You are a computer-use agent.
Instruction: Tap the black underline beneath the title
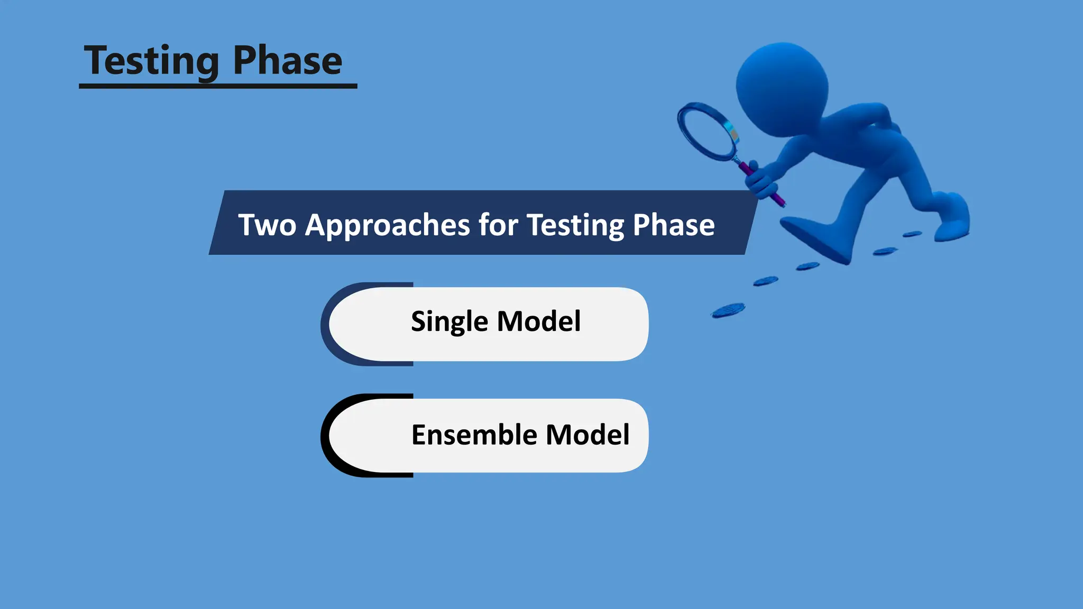point(218,86)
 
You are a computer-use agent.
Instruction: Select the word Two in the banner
point(267,225)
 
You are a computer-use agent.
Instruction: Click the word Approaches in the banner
point(388,225)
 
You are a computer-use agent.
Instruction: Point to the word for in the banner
point(498,225)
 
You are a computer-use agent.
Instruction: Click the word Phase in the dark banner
point(673,225)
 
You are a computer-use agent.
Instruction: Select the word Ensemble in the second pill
point(474,435)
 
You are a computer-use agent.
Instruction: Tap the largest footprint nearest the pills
point(728,310)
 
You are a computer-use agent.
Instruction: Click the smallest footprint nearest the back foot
point(912,234)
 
